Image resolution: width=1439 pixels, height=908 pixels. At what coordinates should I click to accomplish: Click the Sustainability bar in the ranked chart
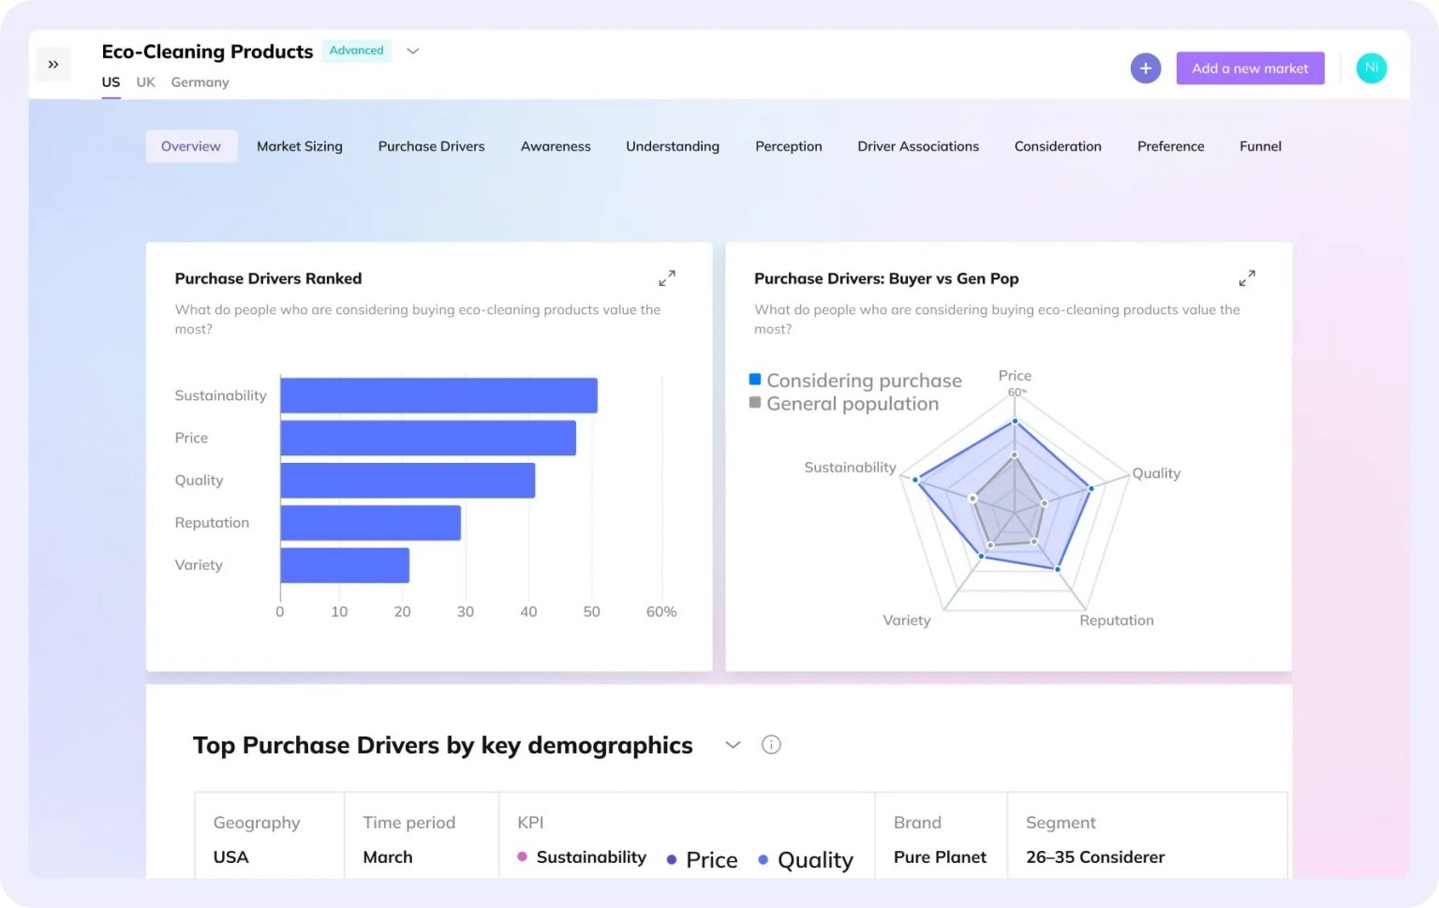(x=438, y=395)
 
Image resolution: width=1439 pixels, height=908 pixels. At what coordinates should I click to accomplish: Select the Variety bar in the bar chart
(x=345, y=565)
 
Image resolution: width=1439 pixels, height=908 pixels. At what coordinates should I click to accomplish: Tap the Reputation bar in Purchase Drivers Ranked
(x=370, y=523)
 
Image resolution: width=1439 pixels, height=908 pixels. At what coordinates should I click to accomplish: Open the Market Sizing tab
(x=300, y=146)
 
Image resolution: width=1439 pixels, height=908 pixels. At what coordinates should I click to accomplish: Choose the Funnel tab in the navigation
(x=1260, y=146)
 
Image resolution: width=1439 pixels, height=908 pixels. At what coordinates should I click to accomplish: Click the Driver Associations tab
(x=917, y=146)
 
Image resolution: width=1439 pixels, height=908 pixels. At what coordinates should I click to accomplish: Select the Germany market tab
(x=200, y=82)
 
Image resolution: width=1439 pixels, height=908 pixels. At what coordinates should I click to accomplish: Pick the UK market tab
(x=145, y=82)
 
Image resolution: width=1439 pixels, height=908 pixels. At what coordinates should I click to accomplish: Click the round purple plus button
(x=1145, y=68)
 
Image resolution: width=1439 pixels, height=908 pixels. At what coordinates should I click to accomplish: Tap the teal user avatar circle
(x=1371, y=68)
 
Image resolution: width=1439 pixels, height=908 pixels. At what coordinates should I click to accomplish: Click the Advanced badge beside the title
(x=356, y=51)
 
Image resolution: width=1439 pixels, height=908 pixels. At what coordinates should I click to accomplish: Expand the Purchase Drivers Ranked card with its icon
(x=666, y=278)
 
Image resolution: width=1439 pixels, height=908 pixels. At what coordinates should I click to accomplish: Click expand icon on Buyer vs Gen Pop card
(x=1246, y=278)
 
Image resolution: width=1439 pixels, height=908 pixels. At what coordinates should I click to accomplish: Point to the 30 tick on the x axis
(x=466, y=612)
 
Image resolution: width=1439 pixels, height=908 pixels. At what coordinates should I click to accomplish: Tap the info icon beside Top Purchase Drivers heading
(x=771, y=745)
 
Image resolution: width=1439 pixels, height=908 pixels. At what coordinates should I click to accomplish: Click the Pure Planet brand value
(x=940, y=857)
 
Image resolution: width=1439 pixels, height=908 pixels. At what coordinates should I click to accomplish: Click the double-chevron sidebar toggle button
(x=53, y=65)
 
